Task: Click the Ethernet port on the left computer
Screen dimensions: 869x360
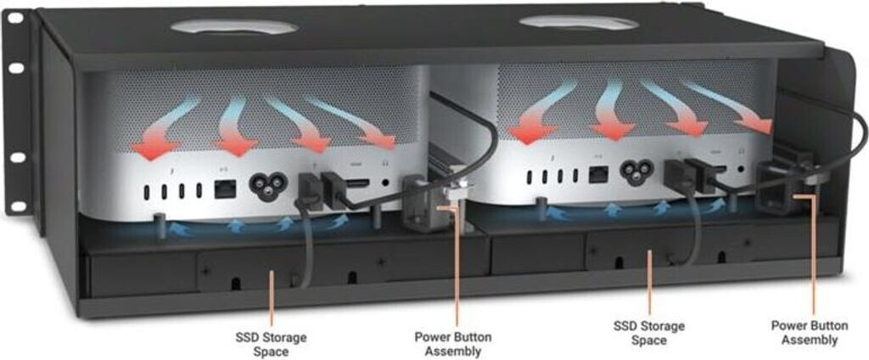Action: [224, 190]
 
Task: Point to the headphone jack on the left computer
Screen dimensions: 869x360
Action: [387, 182]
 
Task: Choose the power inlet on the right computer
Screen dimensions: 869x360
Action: [632, 174]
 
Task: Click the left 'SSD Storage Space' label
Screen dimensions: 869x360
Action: [272, 344]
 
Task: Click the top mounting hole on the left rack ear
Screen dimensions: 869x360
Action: [16, 66]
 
